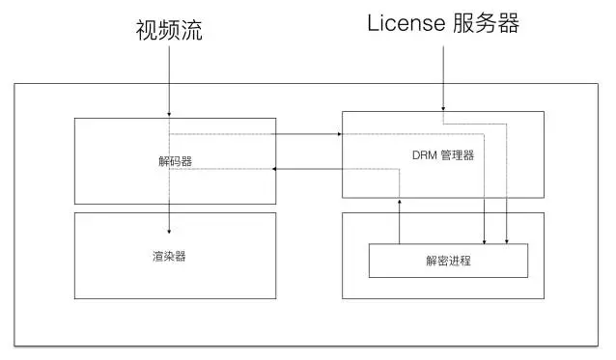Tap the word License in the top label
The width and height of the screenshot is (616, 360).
(x=406, y=23)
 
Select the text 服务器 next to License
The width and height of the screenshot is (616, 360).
(x=487, y=24)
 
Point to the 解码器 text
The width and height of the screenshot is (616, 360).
(x=175, y=161)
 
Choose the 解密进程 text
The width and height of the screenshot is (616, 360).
(x=448, y=261)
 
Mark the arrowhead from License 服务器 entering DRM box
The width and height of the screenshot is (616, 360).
(x=443, y=108)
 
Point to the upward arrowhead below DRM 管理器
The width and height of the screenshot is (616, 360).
(x=399, y=201)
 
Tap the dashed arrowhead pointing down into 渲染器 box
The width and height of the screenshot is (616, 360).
(x=170, y=232)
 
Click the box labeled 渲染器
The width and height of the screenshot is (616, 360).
(x=116, y=280)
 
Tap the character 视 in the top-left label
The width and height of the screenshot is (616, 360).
(x=145, y=32)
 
